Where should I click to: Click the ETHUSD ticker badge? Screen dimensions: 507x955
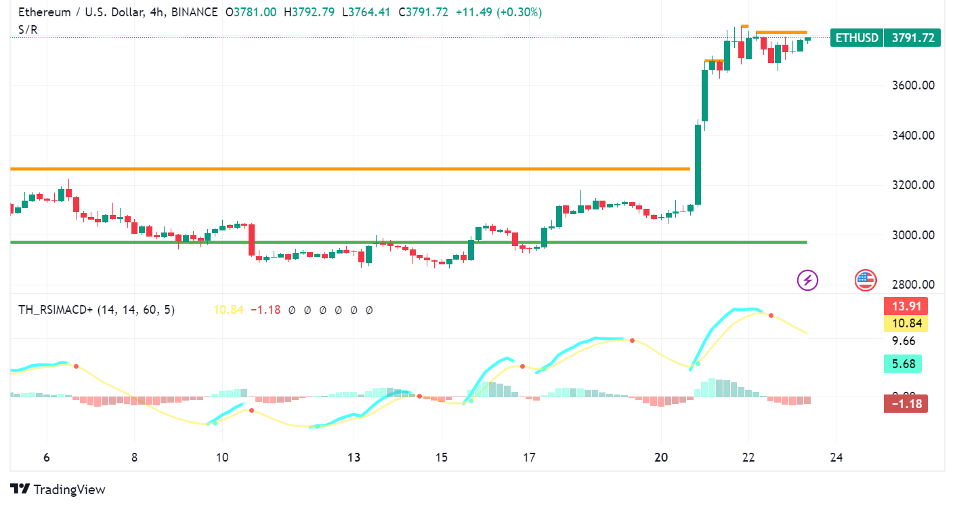point(857,38)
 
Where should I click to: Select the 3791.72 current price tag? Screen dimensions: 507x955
point(913,38)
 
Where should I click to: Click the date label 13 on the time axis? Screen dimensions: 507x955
point(354,458)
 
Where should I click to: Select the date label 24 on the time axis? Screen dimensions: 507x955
point(836,458)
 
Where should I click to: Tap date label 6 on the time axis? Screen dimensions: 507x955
point(47,458)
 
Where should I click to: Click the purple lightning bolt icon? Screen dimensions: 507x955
point(807,279)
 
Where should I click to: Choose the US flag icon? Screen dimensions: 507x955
point(866,279)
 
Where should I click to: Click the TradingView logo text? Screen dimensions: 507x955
point(69,489)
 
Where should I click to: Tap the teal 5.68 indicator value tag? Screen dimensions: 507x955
point(902,364)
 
